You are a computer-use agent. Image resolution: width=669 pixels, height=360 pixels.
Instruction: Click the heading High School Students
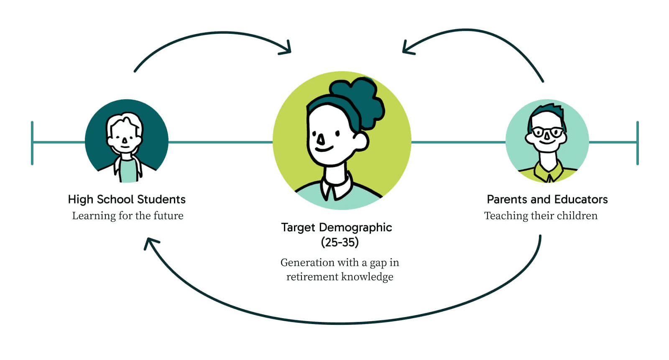point(127,199)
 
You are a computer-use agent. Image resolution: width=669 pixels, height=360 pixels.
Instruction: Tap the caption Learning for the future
point(128,216)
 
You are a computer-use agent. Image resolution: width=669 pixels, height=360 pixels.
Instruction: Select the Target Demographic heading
point(337,227)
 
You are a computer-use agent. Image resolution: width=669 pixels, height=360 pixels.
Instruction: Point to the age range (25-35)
point(340,243)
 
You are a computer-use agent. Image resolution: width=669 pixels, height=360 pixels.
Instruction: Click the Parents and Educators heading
point(547,199)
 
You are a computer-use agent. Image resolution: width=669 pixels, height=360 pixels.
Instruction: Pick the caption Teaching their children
point(541,216)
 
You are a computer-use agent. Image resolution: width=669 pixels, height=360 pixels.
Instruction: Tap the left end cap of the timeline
point(32,143)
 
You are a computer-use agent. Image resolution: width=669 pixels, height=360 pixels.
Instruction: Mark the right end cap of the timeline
point(637,143)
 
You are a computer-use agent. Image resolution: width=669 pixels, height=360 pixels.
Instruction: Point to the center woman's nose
point(320,140)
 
